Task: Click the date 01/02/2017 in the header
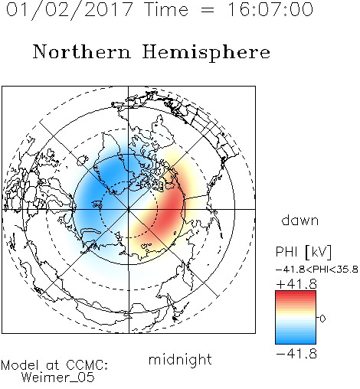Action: [69, 10]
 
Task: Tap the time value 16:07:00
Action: [270, 9]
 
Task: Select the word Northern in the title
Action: [82, 51]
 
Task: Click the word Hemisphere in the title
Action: [206, 53]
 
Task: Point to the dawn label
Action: [300, 220]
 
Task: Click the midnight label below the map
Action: [180, 360]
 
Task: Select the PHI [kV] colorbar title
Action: [303, 252]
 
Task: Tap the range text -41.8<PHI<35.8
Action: [317, 270]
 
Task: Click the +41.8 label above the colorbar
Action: [296, 284]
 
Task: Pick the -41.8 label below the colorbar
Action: [296, 354]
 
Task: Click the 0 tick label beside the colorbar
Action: [322, 319]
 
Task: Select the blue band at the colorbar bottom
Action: [296, 339]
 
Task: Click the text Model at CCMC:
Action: [54, 365]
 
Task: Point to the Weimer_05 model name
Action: [58, 378]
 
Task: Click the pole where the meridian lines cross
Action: [129, 209]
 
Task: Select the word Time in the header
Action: [166, 9]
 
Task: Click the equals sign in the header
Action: [208, 10]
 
